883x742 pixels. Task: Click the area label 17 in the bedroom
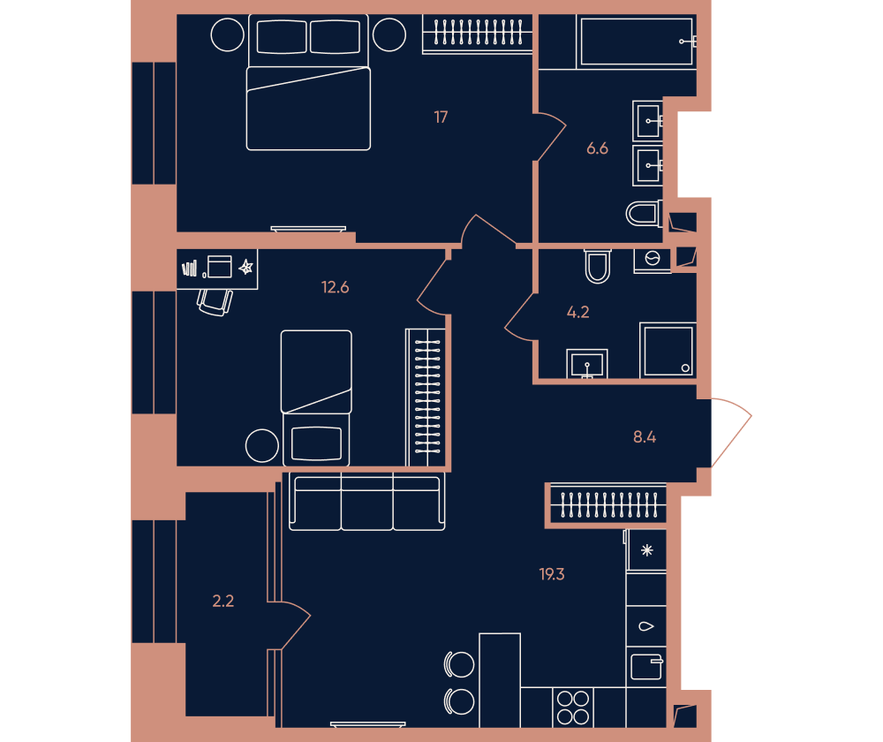point(441,117)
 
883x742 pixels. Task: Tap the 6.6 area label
point(597,148)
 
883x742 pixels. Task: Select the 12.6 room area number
point(335,287)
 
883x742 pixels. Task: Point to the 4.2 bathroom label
point(577,312)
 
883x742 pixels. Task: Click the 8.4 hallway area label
point(645,436)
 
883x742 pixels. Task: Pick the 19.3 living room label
point(551,574)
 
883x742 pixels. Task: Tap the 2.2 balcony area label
point(223,602)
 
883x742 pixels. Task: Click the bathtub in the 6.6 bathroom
point(637,42)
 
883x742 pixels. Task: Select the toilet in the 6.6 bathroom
point(645,214)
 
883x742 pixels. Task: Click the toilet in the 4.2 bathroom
point(598,266)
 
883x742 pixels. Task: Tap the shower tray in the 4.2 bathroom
point(668,350)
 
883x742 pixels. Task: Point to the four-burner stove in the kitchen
point(573,708)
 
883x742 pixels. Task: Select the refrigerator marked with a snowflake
point(646,550)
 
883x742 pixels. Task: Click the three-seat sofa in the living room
point(367,502)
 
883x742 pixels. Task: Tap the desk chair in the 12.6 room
point(215,302)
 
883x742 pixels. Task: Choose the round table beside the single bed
point(262,446)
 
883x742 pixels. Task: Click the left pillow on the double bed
point(282,36)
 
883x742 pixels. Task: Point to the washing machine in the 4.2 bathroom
point(653,260)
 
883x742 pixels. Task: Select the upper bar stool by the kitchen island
point(459,665)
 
